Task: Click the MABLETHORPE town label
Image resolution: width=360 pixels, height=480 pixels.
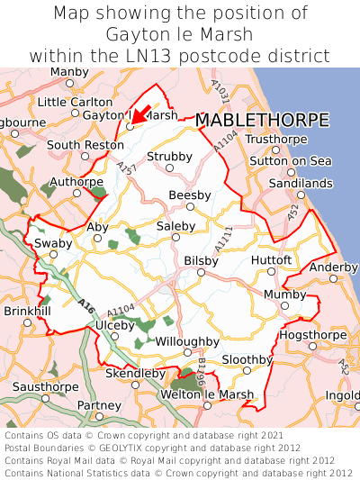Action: [x=262, y=120]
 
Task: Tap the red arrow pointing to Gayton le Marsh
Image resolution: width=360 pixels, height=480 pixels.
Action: [x=139, y=113]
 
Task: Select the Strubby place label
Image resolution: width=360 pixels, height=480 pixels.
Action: [x=170, y=157]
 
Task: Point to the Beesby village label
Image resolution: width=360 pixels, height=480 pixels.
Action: [x=190, y=195]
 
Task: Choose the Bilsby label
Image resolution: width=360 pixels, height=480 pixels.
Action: [x=201, y=259]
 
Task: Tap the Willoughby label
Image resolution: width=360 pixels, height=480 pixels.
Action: [x=187, y=341]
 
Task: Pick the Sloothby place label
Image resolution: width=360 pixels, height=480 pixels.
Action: [x=247, y=358]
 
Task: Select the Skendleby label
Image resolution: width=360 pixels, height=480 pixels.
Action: [x=136, y=373]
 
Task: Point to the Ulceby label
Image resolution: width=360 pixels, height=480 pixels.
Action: [x=114, y=324]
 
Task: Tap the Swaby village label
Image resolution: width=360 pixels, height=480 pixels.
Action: [x=52, y=243]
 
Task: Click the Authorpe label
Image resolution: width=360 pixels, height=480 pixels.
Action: [x=76, y=181]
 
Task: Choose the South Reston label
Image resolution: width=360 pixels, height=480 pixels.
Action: [x=85, y=144]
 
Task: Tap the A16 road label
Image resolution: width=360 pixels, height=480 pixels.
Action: [x=86, y=305]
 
